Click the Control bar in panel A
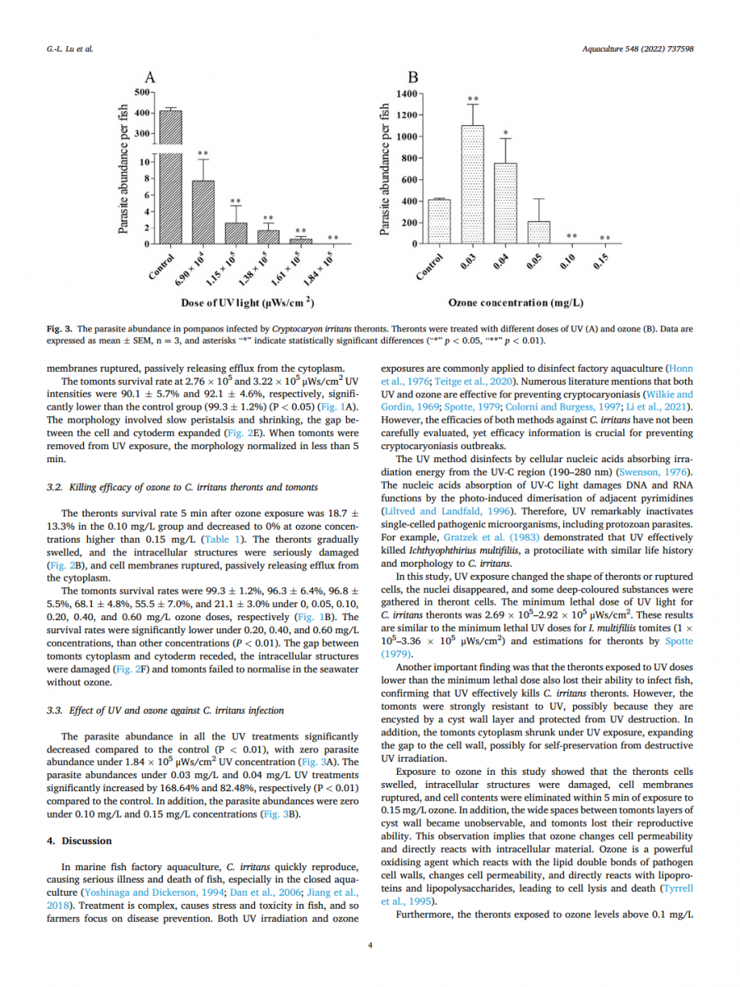(170, 177)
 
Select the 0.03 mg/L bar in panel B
(472, 185)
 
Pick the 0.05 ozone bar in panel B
(539, 233)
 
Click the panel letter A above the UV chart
(150, 78)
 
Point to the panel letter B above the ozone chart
(413, 78)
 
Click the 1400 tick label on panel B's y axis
(406, 94)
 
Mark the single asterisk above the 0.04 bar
(506, 133)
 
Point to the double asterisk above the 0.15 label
(604, 239)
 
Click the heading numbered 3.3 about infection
(166, 711)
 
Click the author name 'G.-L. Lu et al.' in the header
(70, 49)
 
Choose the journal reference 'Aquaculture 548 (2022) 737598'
(637, 49)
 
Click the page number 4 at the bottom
(370, 946)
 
